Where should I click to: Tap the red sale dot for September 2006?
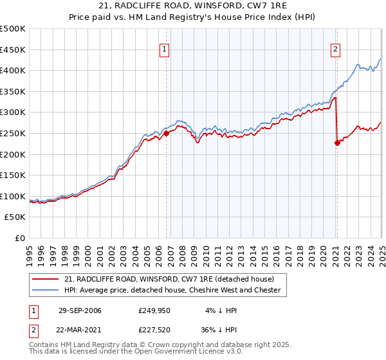(166, 133)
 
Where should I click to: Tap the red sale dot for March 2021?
(337, 143)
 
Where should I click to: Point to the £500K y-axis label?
(14, 29)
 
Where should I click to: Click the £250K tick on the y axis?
(14, 133)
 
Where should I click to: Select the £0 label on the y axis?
(20, 238)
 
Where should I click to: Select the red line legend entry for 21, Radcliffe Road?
(169, 278)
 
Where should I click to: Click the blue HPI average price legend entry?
(172, 290)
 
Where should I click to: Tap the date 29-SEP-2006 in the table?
(80, 311)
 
